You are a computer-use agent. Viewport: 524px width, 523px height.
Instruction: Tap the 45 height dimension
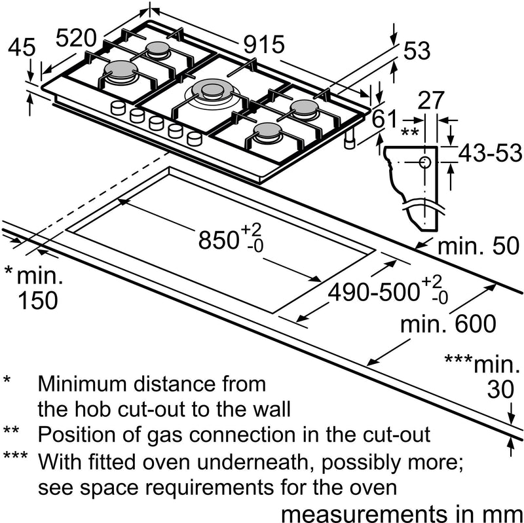(22, 47)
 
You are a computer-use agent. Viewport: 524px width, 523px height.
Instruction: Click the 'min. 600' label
(449, 324)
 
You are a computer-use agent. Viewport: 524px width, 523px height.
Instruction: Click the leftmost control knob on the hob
(118, 108)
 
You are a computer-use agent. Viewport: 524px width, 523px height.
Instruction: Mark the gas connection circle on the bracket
(424, 161)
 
